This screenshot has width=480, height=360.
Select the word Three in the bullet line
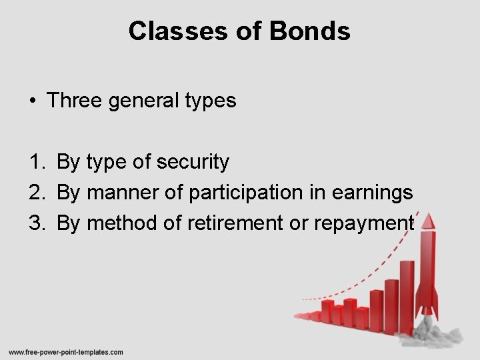click(x=73, y=100)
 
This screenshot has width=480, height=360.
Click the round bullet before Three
click(x=32, y=101)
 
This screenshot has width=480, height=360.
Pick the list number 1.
click(x=35, y=161)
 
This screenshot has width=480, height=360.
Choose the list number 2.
click(x=35, y=192)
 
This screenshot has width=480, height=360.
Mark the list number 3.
click(x=35, y=223)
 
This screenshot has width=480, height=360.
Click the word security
click(x=197, y=162)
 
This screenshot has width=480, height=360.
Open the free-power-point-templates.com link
click(x=65, y=352)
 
